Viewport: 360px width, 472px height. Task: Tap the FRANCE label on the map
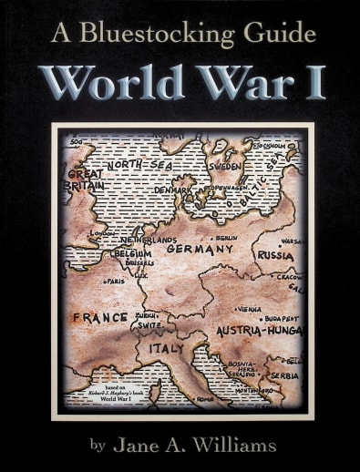[100, 318]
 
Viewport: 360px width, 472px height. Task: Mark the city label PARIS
[114, 282]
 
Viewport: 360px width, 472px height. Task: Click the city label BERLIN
[226, 237]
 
